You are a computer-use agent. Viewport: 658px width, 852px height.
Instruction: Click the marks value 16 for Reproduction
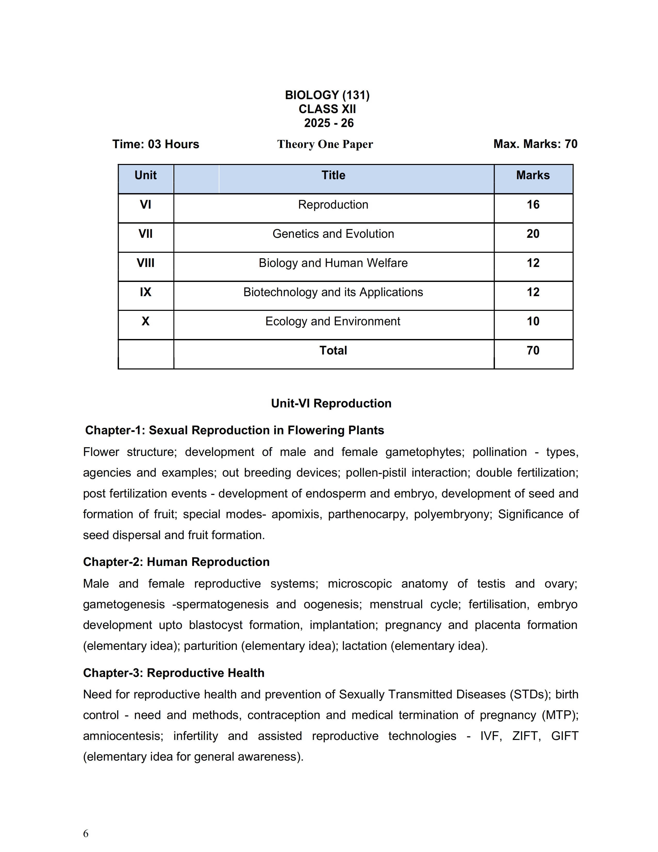click(533, 204)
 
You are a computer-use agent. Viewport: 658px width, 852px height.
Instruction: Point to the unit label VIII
click(145, 263)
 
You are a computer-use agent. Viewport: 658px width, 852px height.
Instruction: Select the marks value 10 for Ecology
click(533, 321)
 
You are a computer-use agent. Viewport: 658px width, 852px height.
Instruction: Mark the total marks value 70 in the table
click(533, 350)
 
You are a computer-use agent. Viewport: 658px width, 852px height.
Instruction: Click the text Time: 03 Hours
click(156, 144)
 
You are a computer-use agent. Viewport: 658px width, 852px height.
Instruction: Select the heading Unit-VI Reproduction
click(331, 403)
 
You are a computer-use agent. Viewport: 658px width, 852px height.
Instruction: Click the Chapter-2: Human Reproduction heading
click(176, 562)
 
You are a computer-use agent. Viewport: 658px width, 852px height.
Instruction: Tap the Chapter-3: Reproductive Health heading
click(173, 673)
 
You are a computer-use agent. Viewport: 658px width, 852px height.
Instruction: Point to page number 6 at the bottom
click(86, 833)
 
